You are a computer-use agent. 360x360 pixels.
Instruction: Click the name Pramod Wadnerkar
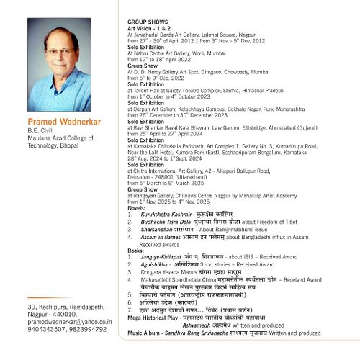click(x=64, y=120)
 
